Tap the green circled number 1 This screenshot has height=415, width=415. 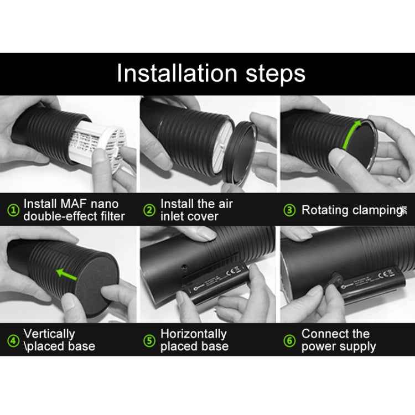coord(13,210)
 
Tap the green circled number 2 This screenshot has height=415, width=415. coord(149,210)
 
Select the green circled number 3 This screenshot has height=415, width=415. coord(289,210)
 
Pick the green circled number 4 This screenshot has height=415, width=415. coord(13,340)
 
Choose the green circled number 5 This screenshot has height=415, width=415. coord(149,340)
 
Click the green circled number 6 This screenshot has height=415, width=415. coord(289,340)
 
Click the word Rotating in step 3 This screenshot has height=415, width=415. coord(325,210)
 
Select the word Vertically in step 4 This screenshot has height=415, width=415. coord(49,334)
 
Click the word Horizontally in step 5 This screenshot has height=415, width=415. coord(193,334)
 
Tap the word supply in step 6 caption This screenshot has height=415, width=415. coord(359,347)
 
